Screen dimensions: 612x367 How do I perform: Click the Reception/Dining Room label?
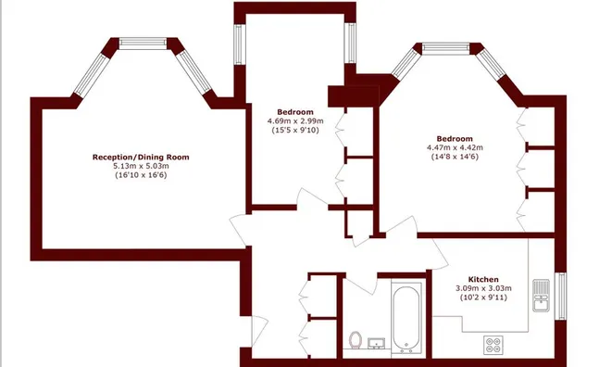click(141, 158)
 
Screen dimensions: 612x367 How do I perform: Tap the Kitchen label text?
click(483, 280)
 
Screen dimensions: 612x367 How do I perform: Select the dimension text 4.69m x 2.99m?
click(295, 121)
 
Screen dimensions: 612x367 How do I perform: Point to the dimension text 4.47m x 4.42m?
click(455, 147)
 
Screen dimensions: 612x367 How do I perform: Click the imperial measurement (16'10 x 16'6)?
click(141, 175)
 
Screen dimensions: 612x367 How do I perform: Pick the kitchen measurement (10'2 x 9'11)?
click(483, 297)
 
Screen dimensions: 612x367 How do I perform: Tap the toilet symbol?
click(356, 339)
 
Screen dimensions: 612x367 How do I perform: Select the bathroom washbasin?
click(376, 344)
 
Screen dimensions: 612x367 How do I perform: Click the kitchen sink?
click(541, 295)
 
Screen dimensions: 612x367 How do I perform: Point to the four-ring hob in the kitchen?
click(493, 345)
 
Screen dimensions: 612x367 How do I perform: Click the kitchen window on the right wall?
click(560, 296)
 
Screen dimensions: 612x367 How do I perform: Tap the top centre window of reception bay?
click(143, 43)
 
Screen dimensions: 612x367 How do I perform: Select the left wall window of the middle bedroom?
click(240, 44)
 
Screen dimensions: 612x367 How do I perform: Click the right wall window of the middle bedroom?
click(351, 43)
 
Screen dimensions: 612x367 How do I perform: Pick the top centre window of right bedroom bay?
click(445, 48)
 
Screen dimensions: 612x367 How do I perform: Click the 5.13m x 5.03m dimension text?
click(141, 166)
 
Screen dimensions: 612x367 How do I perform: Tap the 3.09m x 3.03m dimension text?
click(483, 288)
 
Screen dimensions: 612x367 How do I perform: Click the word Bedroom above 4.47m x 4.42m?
click(455, 139)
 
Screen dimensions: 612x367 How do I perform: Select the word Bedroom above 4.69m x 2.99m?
click(295, 112)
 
